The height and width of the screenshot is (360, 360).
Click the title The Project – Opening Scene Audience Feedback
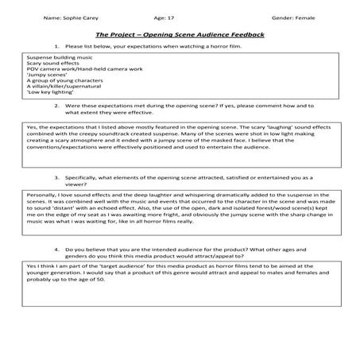(180, 35)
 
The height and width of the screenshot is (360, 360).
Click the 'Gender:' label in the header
(278, 15)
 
